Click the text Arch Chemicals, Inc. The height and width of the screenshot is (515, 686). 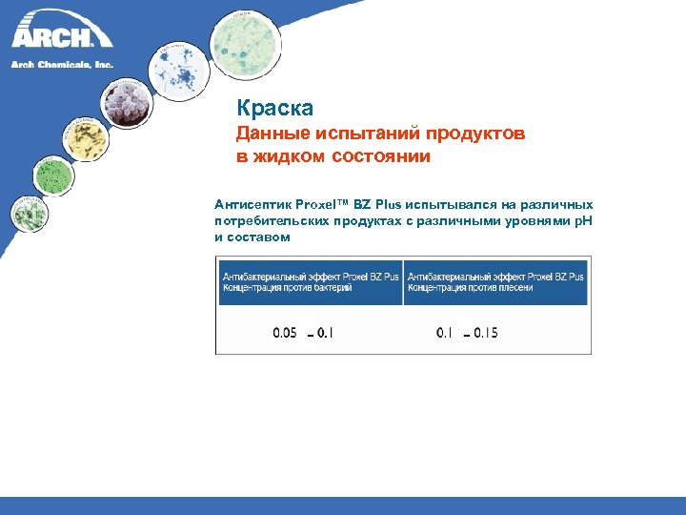62,64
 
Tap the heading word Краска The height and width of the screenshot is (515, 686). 275,109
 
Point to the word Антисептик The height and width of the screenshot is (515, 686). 253,204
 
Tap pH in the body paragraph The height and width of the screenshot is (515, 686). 583,220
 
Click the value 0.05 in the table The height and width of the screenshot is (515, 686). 285,333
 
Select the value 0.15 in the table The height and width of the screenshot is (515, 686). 485,333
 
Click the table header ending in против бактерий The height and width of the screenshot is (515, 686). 311,281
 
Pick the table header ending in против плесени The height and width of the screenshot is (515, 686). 495,281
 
